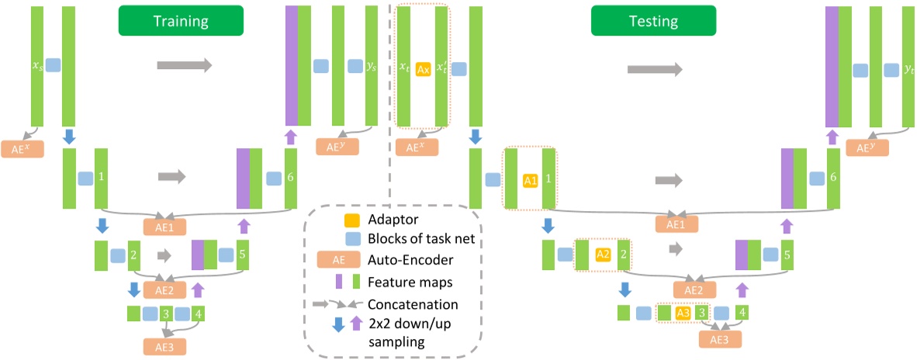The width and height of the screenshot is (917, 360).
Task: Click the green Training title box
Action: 180,21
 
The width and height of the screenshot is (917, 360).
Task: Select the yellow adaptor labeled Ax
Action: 423,69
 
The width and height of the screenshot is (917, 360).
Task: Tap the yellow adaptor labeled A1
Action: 530,180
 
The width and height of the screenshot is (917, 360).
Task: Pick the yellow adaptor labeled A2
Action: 602,254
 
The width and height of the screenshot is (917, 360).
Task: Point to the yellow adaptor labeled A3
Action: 683,313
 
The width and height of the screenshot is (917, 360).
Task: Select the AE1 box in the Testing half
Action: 677,224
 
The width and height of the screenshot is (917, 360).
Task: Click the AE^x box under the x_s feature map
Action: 22,147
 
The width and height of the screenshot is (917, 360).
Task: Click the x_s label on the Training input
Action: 37,67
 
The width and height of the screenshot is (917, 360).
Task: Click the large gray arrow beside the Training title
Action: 184,67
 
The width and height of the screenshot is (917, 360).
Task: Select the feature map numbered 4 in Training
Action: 199,314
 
